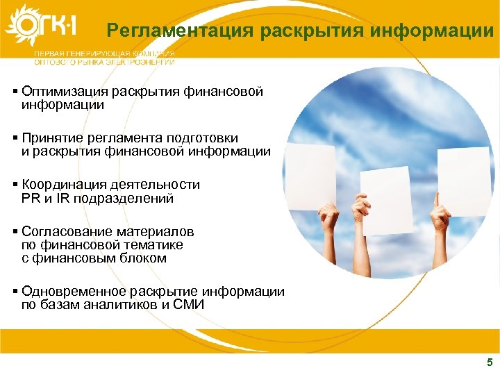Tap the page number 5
pyautogui.click(x=490, y=362)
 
